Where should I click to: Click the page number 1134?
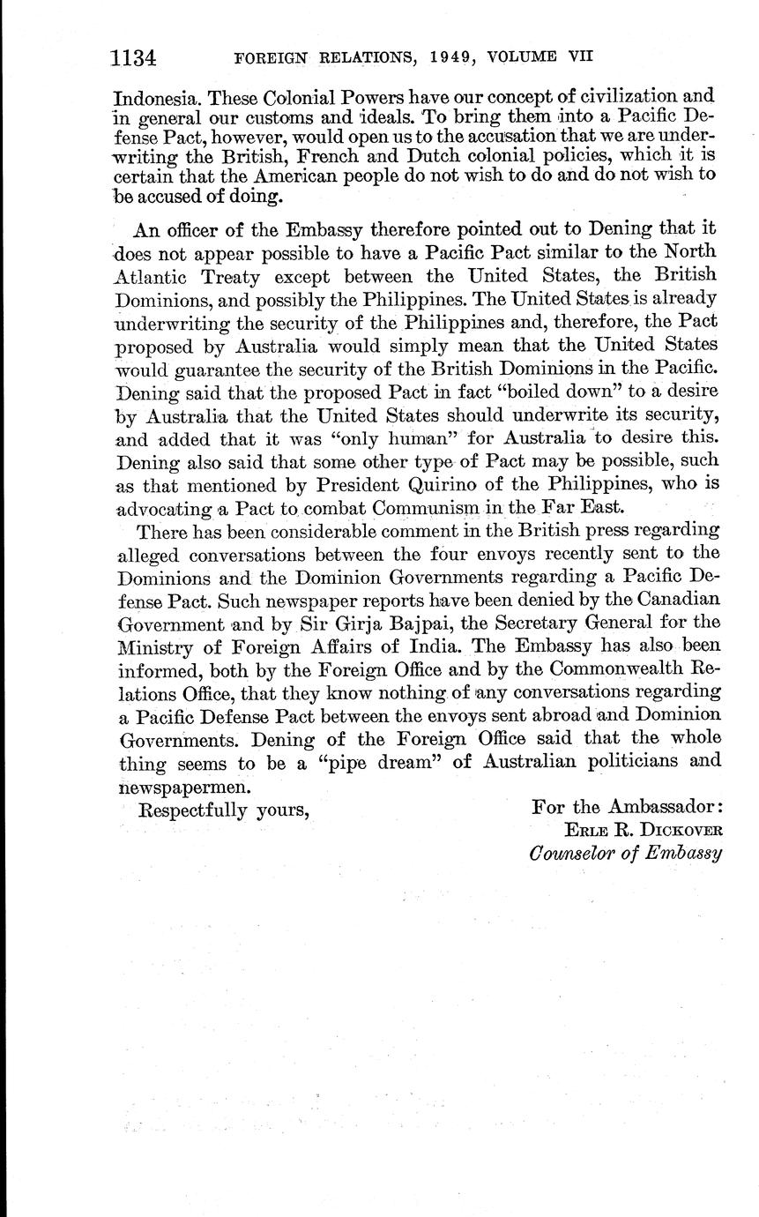(x=133, y=58)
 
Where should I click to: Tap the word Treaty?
(x=233, y=276)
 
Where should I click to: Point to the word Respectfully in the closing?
(x=193, y=808)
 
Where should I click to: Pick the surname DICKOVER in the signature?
(x=680, y=831)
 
